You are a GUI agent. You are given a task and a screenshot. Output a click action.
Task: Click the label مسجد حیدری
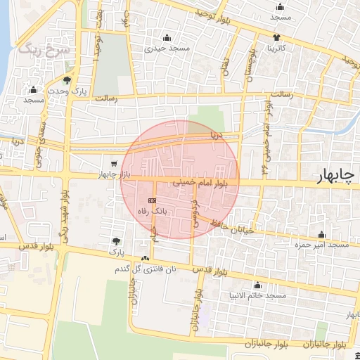point(167,49)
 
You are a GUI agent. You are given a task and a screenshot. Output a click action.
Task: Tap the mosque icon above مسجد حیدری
point(167,38)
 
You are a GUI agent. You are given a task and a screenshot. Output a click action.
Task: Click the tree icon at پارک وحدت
point(67,80)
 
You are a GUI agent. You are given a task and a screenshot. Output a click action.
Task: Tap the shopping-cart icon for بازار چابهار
point(114,164)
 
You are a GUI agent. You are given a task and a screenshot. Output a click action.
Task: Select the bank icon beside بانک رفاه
point(153,200)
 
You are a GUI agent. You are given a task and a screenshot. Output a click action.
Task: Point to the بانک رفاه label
point(153,210)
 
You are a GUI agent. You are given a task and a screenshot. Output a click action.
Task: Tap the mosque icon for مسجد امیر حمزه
point(322,234)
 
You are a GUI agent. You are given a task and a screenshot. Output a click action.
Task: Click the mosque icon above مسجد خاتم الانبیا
point(257,285)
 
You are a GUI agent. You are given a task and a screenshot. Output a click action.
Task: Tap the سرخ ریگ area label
point(34,49)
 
